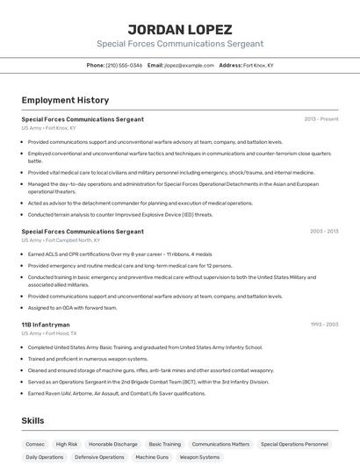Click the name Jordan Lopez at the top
179,29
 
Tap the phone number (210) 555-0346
123,65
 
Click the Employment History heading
65,100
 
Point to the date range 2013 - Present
320,119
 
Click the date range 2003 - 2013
323,232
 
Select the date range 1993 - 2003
323,325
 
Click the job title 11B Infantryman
46,325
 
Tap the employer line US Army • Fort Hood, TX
49,333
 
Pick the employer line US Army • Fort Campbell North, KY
61,240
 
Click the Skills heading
32,421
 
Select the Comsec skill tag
34,444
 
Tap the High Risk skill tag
67,444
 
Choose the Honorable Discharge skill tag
113,444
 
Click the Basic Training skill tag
165,444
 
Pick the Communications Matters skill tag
220,444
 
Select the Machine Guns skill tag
152,457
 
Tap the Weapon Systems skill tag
200,457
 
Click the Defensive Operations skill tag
99,457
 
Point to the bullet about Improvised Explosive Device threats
120,214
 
